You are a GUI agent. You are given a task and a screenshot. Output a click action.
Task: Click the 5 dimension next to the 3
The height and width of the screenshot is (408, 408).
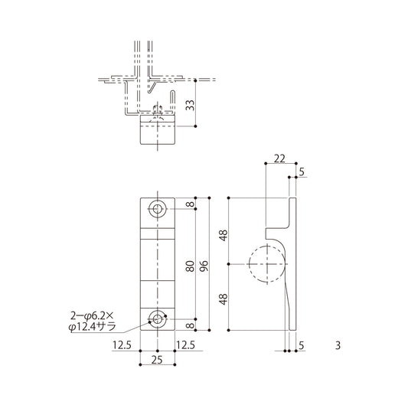[x=302, y=345]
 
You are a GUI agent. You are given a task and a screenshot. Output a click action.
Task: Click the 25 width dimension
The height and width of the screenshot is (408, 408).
[x=158, y=360]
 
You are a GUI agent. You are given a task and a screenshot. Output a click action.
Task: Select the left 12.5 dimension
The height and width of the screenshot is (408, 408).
[x=122, y=345]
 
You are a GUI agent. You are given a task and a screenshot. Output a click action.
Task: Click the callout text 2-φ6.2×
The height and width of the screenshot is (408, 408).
[x=92, y=313]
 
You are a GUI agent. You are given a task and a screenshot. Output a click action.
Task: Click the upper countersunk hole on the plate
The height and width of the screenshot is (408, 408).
[x=158, y=209]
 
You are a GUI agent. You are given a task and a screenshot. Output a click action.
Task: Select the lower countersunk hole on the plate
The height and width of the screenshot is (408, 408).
[x=158, y=318]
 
